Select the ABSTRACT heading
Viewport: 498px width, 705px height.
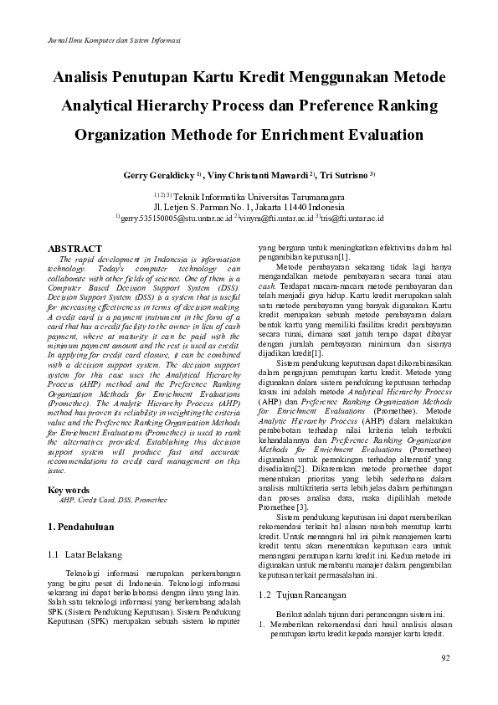(x=75, y=250)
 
